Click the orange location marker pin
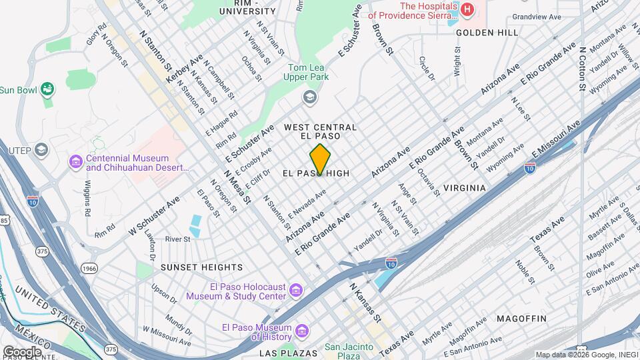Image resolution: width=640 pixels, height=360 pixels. (x=320, y=159)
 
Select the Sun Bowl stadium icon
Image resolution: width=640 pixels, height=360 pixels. (x=47, y=89)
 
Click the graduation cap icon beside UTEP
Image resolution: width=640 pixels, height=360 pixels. (x=41, y=149)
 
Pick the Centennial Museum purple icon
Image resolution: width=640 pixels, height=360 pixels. (x=75, y=162)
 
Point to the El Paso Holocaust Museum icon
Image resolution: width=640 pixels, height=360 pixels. (x=296, y=291)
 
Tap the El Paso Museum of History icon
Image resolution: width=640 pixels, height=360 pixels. (x=301, y=331)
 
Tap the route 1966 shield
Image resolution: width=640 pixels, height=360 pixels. (x=89, y=267)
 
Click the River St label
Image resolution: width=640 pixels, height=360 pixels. (x=178, y=239)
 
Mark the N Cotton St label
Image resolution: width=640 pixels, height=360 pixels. (x=582, y=69)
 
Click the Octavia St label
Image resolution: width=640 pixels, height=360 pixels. (x=429, y=181)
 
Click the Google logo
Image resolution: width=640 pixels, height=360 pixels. (x=22, y=351)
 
